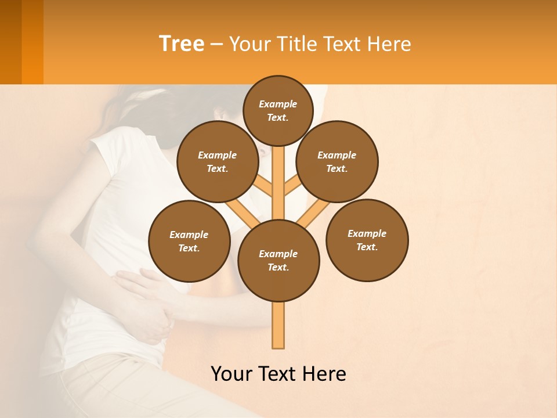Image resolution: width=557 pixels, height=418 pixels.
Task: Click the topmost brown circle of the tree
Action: tap(278, 110)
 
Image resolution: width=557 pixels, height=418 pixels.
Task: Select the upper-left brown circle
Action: tap(218, 161)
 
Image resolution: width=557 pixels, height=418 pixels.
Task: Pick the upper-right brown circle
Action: tap(337, 161)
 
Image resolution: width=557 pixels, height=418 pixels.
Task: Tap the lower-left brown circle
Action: tap(189, 241)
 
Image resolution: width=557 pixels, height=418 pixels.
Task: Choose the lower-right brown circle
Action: tap(367, 240)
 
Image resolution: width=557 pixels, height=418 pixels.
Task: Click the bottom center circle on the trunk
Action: tap(278, 261)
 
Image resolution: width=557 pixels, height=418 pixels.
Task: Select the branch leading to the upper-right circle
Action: tap(293, 186)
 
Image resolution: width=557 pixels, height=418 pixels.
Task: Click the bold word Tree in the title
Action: tap(182, 44)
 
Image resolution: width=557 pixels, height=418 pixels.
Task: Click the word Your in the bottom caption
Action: tap(232, 374)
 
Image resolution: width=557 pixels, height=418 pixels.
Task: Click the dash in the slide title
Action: tap(216, 44)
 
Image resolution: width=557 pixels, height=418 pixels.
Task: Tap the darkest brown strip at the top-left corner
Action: tap(10, 42)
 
